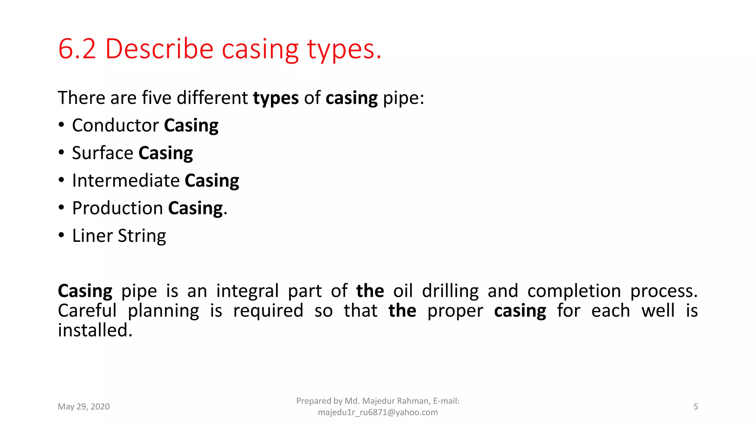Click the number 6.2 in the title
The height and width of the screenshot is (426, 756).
pos(77,49)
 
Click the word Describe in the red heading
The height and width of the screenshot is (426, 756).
pos(159,49)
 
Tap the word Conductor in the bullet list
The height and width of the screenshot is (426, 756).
pos(116,125)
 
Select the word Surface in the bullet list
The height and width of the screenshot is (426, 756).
pos(103,153)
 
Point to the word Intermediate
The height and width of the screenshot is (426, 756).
pos(126,181)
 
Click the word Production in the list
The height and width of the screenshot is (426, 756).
pos(117,208)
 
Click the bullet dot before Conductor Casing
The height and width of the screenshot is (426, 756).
pos(61,125)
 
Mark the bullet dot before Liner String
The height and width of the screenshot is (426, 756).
pos(61,235)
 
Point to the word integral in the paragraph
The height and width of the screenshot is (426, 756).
pos(247,291)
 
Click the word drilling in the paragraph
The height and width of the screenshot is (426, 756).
pos(450,291)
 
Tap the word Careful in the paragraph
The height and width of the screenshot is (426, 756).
pos(87,311)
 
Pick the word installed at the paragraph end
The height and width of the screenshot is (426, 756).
pos(95,330)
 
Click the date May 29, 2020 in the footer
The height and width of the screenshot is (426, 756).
pos(84,407)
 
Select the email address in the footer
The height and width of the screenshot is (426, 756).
pos(378,412)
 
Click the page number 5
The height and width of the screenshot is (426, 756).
pos(695,407)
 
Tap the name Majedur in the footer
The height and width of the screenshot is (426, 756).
pos(378,401)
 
